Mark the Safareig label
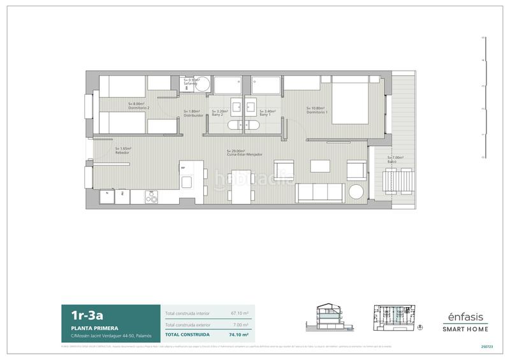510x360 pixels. point(191,84)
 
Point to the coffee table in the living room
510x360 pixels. point(320,167)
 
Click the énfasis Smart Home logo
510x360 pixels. point(465,322)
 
